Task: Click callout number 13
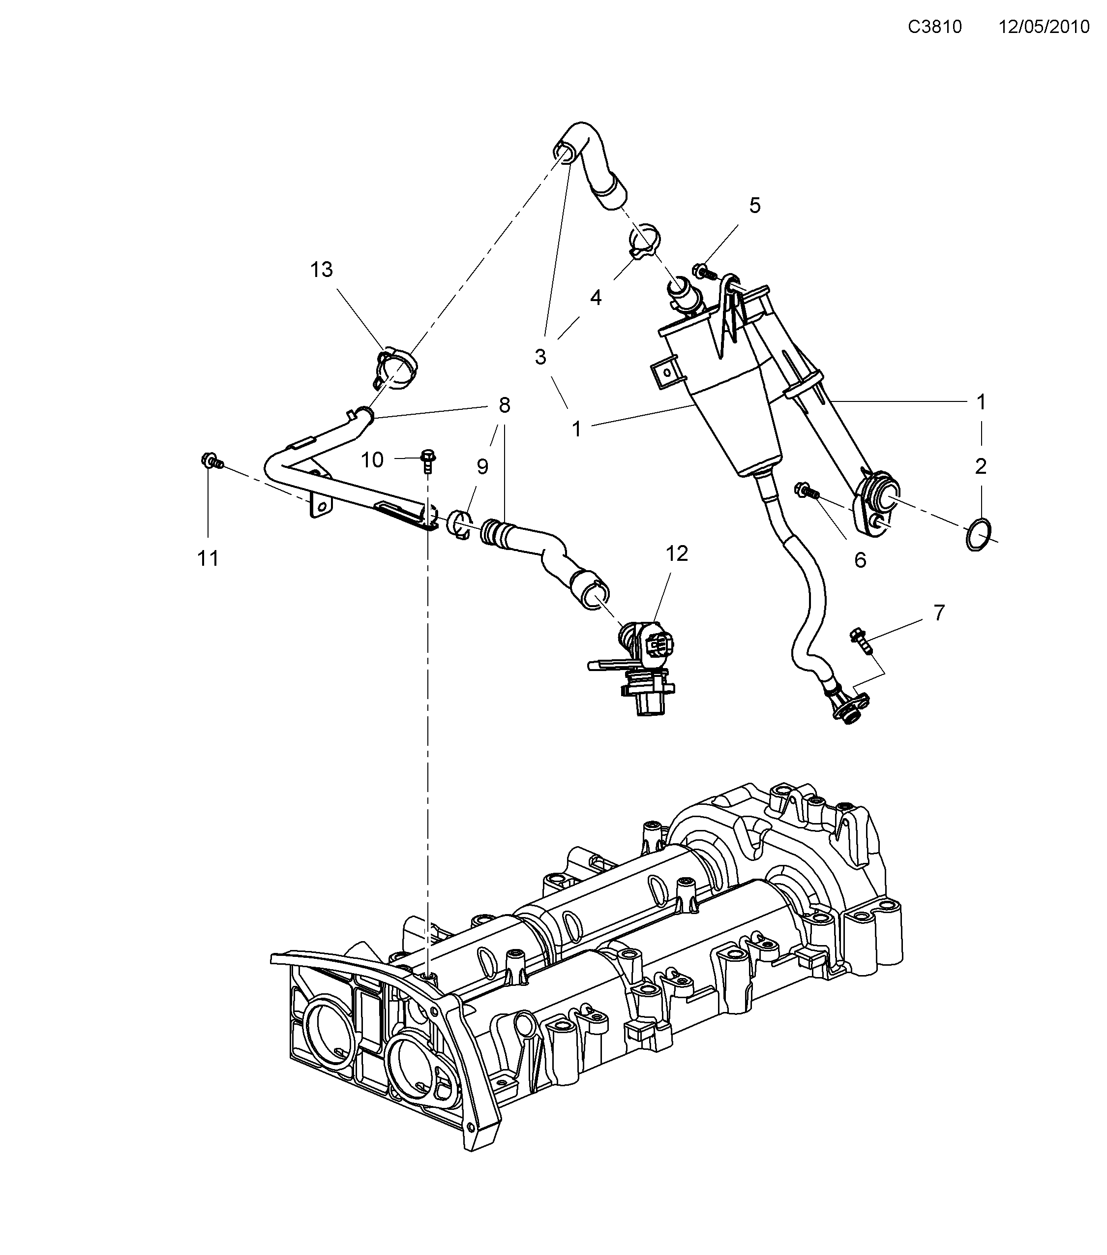pyautogui.click(x=321, y=269)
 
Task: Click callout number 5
pyautogui.click(x=755, y=206)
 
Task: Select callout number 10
pyautogui.click(x=372, y=459)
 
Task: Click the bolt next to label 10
pyautogui.click(x=428, y=460)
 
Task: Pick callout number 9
pyautogui.click(x=482, y=467)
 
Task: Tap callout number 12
pyautogui.click(x=676, y=553)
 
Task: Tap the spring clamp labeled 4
pyautogui.click(x=643, y=241)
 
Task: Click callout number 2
pyautogui.click(x=981, y=467)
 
